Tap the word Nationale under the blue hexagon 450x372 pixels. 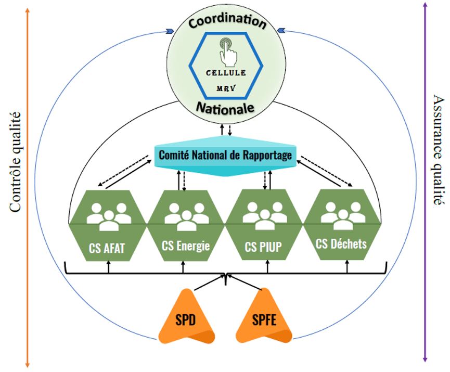tap(225, 107)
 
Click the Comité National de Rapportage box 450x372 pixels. tap(226, 155)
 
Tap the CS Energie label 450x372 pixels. tap(186, 245)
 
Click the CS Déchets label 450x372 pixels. tap(341, 243)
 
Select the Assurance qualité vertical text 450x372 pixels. tap(438, 151)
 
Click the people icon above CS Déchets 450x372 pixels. tap(342, 214)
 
